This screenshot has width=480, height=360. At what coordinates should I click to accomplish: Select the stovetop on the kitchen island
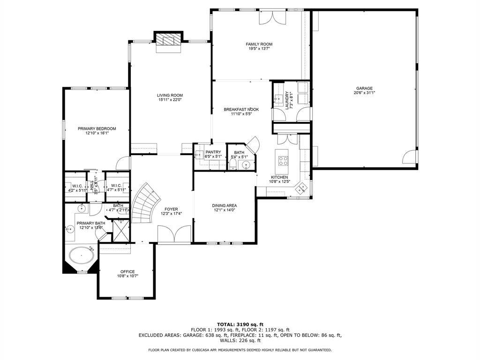[284, 161]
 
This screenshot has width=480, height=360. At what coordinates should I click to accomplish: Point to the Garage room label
[364, 88]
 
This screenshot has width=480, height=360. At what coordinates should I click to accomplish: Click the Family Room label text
[259, 44]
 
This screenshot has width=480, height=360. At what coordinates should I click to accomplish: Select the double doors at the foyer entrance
[174, 234]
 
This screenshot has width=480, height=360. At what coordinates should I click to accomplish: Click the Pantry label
[213, 152]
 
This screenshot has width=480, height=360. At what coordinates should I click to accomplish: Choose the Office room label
[127, 271]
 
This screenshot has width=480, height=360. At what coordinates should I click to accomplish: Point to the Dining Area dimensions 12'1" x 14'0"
[224, 210]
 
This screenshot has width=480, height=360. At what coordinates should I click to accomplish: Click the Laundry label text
[287, 100]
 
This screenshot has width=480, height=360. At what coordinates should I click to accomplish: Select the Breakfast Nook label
[241, 109]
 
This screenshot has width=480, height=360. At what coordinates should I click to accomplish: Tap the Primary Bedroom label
[97, 128]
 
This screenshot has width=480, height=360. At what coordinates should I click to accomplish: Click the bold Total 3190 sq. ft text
[240, 324]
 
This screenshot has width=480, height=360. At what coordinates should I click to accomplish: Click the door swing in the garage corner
[410, 156]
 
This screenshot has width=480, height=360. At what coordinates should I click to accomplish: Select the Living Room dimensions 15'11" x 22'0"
[170, 99]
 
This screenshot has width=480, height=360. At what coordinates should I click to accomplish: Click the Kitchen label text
[279, 177]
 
